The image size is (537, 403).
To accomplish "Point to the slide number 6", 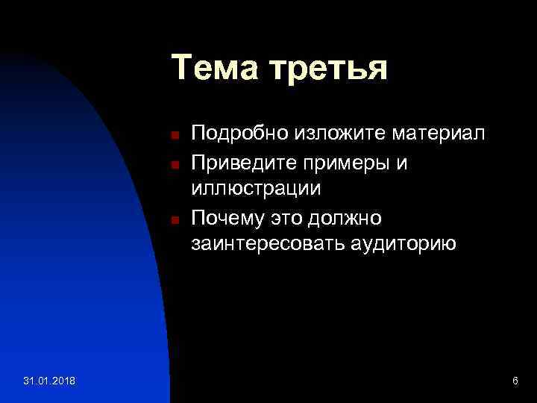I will (x=515, y=382).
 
